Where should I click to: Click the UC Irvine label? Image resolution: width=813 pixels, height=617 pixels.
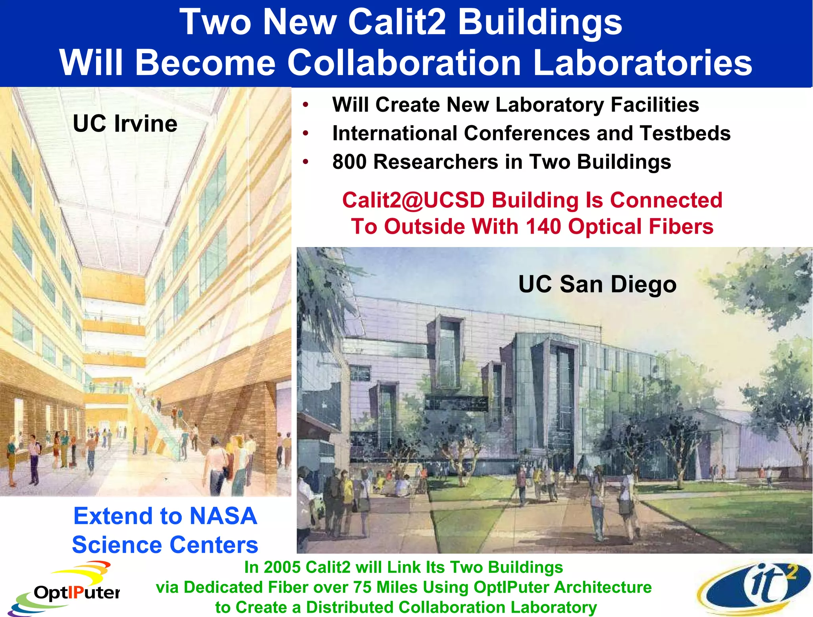[x=125, y=124]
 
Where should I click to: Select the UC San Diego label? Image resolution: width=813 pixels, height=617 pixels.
[x=597, y=284]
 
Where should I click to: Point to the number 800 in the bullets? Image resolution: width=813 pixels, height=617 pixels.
[x=349, y=162]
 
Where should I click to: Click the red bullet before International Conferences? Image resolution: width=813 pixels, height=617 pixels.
[x=305, y=133]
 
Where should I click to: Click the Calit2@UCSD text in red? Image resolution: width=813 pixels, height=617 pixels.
[x=413, y=200]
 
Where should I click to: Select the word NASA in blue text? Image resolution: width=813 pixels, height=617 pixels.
[x=223, y=516]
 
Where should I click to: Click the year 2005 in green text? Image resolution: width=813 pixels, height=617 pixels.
[x=283, y=567]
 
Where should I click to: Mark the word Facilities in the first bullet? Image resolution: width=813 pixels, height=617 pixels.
[x=655, y=105]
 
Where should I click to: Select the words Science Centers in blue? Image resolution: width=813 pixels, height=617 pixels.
[x=165, y=545]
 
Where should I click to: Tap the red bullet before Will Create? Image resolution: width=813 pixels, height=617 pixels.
[x=305, y=105]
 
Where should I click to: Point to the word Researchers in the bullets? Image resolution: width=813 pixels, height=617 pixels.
[x=435, y=162]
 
